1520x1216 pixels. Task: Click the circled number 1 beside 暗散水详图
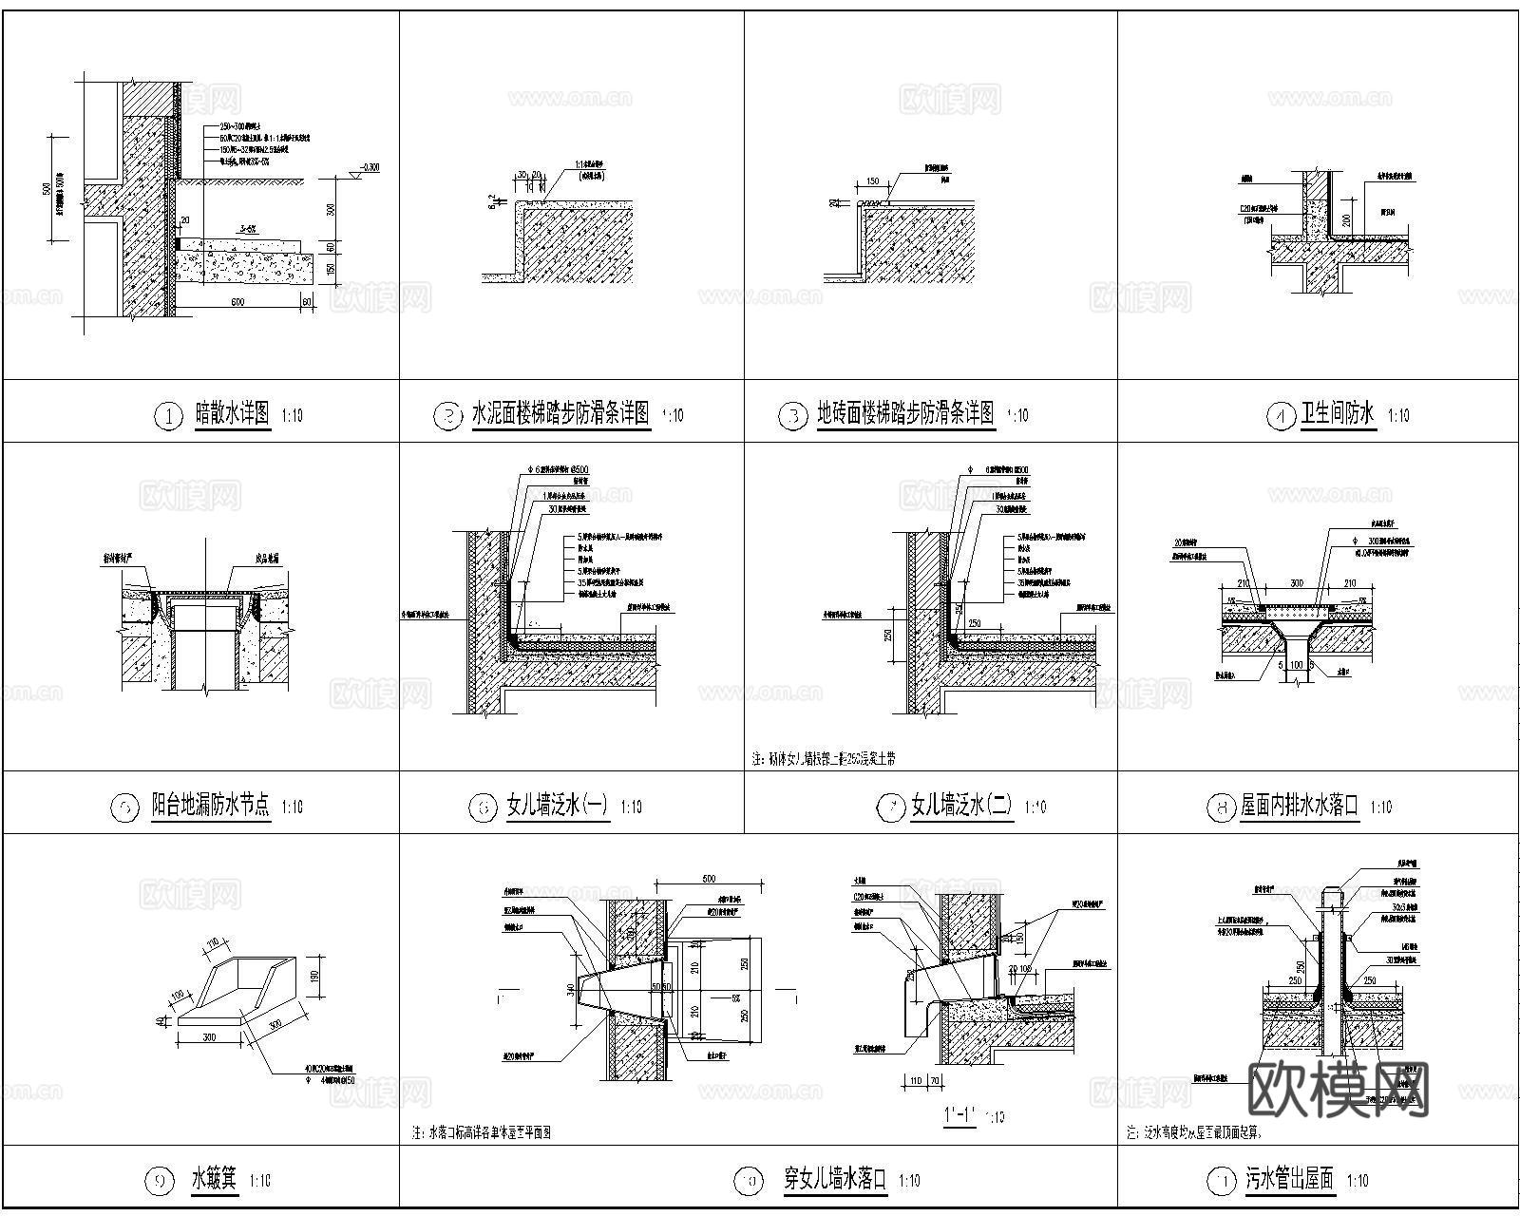coord(168,416)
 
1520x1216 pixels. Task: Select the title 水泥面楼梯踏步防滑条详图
coord(560,414)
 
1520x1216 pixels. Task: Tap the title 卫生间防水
coord(1338,414)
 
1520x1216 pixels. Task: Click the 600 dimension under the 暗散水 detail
coord(237,302)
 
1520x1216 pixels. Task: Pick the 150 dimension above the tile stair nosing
coord(872,181)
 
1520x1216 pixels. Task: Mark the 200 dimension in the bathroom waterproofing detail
coord(1345,219)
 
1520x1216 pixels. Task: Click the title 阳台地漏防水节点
coord(211,807)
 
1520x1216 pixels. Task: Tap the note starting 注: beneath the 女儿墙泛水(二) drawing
coord(823,759)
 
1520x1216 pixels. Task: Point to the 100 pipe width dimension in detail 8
coord(1296,665)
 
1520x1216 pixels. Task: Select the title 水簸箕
coord(214,1181)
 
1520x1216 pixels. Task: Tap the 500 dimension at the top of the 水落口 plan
coord(708,880)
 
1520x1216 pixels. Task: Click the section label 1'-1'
coord(960,1114)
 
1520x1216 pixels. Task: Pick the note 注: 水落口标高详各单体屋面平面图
coord(482,1132)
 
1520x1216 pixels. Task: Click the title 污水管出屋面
coord(1289,1181)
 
